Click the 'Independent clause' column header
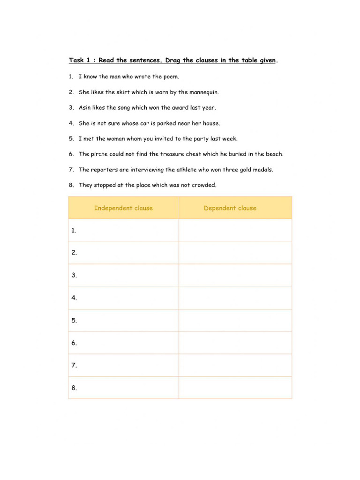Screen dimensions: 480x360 pyautogui.click(x=123, y=208)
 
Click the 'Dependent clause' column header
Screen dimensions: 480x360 pyautogui.click(x=230, y=208)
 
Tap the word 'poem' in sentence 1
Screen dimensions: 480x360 pyautogui.click(x=171, y=76)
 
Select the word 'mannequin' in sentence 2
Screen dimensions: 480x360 pyautogui.click(x=205, y=92)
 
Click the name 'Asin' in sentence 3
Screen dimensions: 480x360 pyautogui.click(x=84, y=107)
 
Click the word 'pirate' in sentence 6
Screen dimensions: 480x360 pyautogui.click(x=99, y=154)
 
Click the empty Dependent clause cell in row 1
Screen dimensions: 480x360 pyautogui.click(x=235, y=230)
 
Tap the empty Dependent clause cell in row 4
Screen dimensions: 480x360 pyautogui.click(x=235, y=298)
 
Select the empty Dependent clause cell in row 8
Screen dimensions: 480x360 pyautogui.click(x=235, y=388)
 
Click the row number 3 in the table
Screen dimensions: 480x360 pyautogui.click(x=74, y=275)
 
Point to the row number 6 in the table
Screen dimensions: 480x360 pyautogui.click(x=74, y=343)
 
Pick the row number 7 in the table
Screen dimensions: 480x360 pyautogui.click(x=74, y=365)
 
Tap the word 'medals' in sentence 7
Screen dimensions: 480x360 pyautogui.click(x=263, y=170)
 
